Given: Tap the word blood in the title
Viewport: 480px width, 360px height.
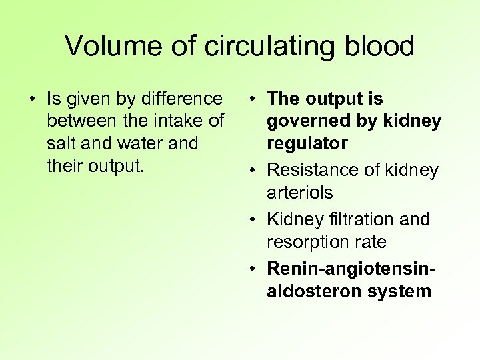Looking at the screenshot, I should click(381, 46).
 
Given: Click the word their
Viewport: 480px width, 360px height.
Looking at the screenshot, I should click(65, 165).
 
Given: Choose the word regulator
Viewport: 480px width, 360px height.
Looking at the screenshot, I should click(307, 143).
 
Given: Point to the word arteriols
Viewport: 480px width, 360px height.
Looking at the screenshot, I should click(299, 192).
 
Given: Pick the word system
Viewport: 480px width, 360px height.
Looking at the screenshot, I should click(400, 291).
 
